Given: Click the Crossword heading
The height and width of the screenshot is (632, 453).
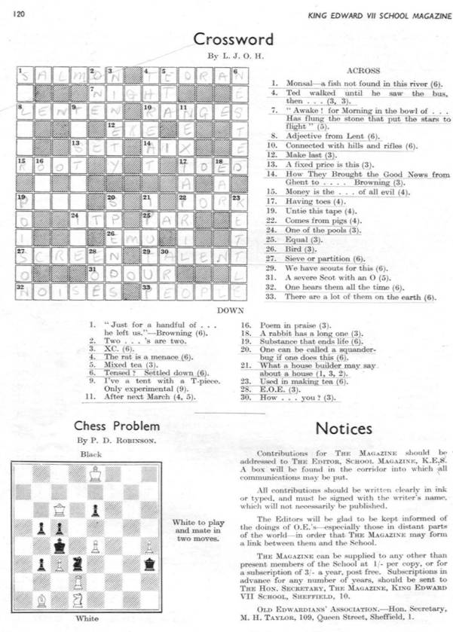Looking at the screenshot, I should point(232,39).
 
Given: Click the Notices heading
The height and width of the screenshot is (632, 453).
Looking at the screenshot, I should point(343,428).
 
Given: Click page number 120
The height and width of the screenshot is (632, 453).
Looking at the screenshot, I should point(20,12).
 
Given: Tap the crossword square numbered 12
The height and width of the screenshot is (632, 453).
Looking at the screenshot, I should point(114,129).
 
